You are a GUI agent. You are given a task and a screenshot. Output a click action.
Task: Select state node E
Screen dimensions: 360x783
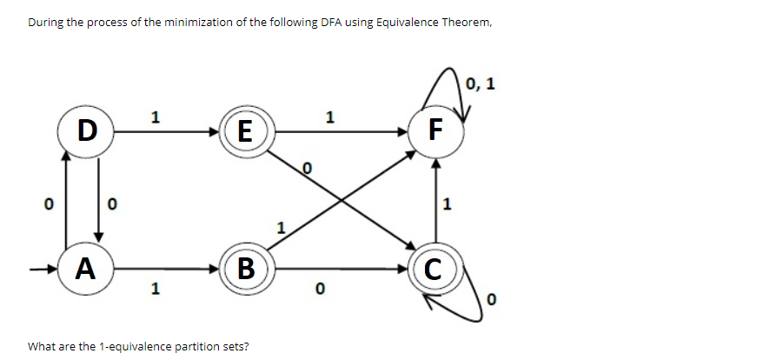click(247, 133)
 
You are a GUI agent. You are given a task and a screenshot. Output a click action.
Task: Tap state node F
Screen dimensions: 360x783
click(436, 132)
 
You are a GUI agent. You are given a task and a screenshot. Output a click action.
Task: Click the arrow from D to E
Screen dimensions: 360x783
click(165, 132)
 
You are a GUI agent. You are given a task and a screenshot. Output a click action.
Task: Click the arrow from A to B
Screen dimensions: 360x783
click(165, 268)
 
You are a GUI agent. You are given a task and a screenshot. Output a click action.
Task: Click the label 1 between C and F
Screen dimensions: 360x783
click(448, 206)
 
